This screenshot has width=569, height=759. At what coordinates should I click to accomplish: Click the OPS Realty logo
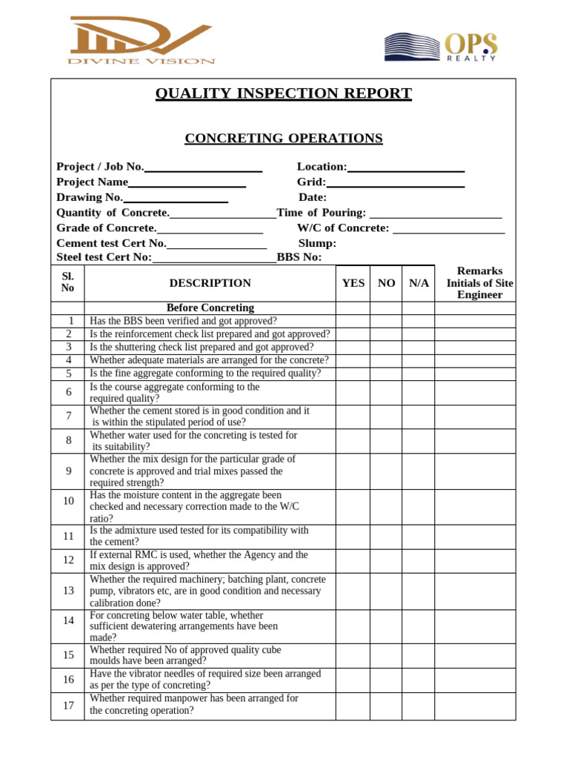tap(440, 47)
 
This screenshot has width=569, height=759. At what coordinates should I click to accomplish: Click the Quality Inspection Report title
tap(283, 93)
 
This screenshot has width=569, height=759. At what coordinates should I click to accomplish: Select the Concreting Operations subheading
tap(283, 139)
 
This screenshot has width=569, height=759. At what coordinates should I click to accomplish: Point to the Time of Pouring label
tap(321, 213)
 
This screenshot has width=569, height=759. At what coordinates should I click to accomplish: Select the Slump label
tap(317, 243)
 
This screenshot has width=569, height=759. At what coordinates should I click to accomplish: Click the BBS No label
tap(299, 257)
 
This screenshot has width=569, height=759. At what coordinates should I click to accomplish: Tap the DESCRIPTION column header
tap(210, 283)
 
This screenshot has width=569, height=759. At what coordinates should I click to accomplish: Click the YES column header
tap(353, 283)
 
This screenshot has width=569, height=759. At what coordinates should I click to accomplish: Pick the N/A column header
tap(419, 283)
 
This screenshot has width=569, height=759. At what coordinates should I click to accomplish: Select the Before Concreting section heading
tap(210, 308)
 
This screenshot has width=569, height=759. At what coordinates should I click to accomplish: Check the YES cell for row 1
tap(353, 321)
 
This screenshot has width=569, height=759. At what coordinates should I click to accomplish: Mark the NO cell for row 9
tap(386, 471)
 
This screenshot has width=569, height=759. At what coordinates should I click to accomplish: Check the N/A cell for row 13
tap(419, 591)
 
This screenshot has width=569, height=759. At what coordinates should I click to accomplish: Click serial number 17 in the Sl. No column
tap(68, 706)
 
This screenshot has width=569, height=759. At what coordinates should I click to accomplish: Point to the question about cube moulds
tap(185, 655)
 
